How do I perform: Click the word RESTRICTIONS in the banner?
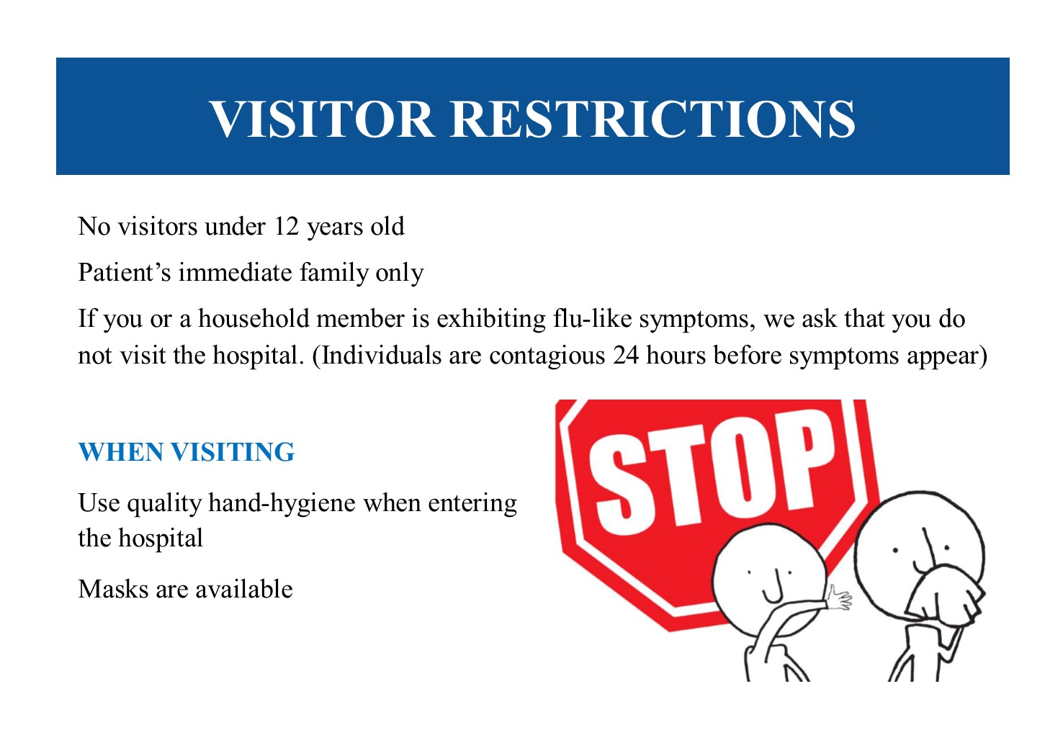pos(652,119)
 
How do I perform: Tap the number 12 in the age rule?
pos(286,226)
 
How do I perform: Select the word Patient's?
pos(125,272)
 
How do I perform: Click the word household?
pos(254,318)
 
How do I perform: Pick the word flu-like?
pos(592,318)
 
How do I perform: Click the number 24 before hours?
pos(625,356)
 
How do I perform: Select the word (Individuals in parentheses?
pos(377,356)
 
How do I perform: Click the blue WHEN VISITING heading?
pos(187,452)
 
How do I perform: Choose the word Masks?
pos(113,590)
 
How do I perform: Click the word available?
pos(244,589)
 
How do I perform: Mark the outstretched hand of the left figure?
pos(839,598)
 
